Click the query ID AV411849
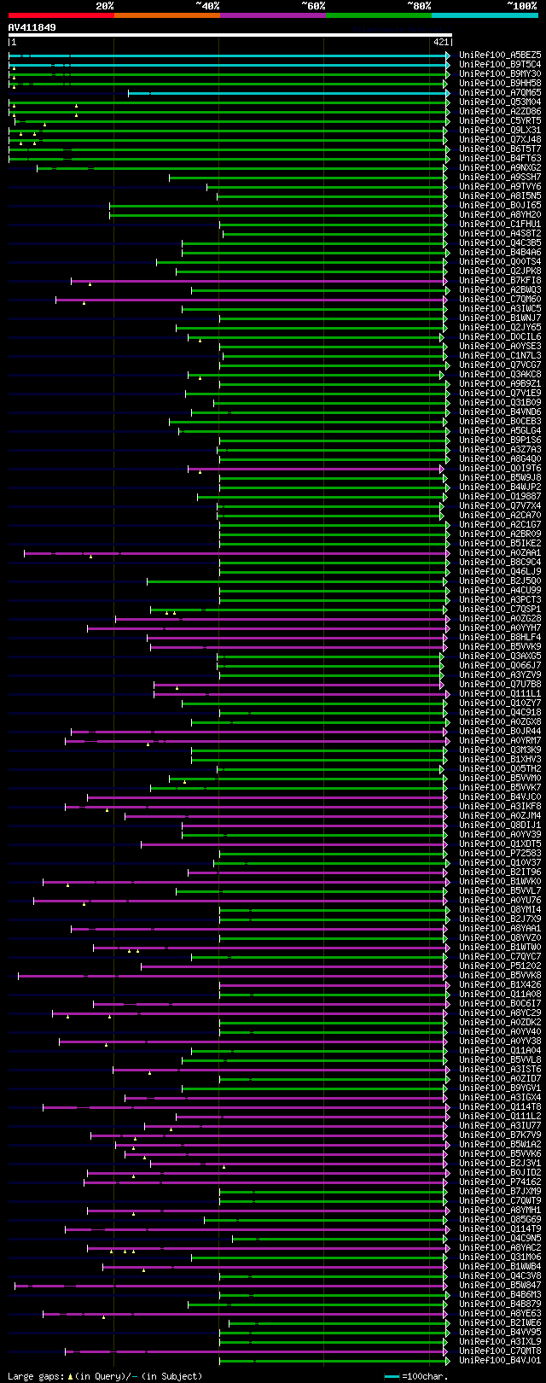click(32, 27)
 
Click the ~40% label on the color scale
click(207, 6)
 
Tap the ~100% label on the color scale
click(522, 6)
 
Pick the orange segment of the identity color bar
click(166, 15)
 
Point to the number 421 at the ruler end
click(441, 42)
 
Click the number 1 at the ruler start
click(14, 42)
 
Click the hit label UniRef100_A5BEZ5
click(499, 55)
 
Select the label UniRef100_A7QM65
click(499, 93)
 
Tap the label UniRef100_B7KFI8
click(499, 281)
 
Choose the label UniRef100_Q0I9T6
click(499, 469)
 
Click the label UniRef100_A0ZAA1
click(499, 553)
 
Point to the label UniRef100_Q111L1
click(499, 694)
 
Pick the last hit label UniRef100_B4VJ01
click(499, 1361)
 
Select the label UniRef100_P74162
click(499, 1182)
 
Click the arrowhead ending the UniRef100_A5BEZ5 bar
click(447, 55)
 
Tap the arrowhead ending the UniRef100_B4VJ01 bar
click(447, 1361)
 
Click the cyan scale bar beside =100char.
click(392, 1376)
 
